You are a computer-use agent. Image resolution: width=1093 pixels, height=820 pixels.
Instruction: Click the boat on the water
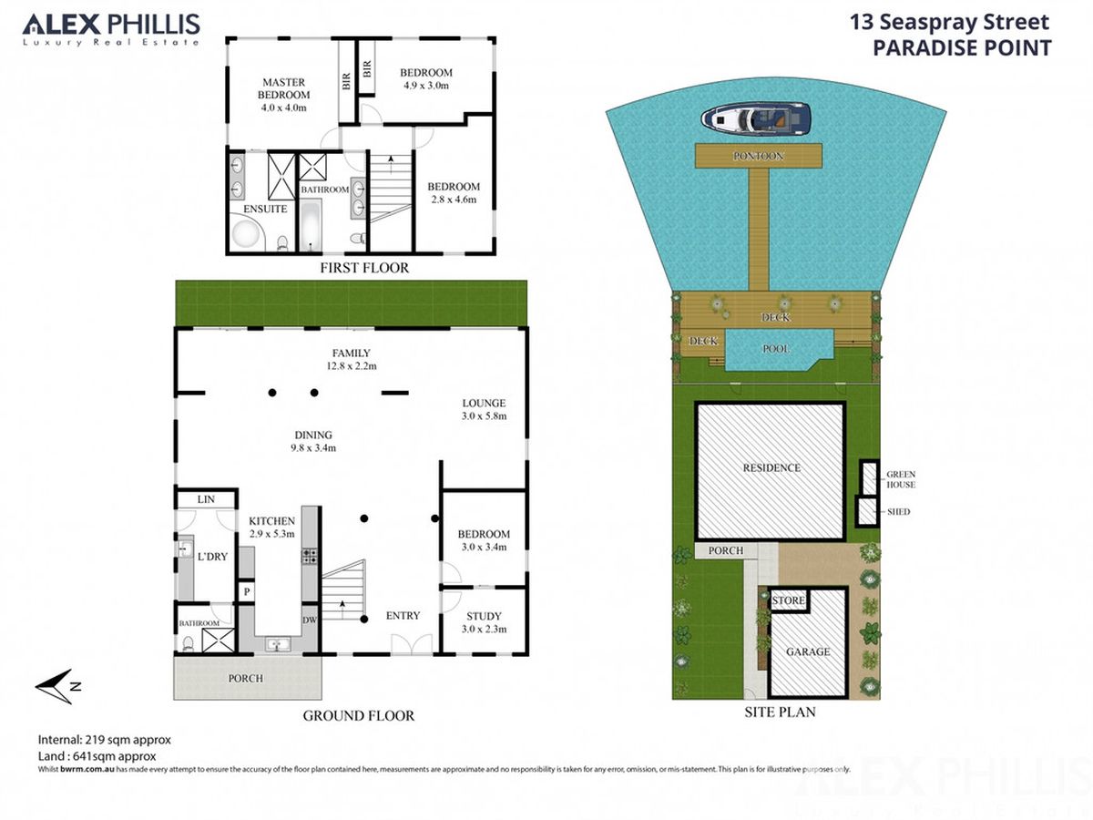click(755, 119)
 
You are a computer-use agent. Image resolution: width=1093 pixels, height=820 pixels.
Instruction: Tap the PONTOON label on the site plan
click(758, 156)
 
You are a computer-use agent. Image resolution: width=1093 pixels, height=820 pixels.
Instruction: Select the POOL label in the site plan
click(776, 349)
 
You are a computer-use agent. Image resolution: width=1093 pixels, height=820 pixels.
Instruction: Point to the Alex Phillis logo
click(111, 29)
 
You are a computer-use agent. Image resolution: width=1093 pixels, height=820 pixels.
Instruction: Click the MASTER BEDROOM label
click(283, 88)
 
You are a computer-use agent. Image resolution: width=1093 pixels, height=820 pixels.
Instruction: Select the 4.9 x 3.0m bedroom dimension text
click(425, 86)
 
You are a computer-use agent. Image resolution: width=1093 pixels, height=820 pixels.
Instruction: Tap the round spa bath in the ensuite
click(247, 234)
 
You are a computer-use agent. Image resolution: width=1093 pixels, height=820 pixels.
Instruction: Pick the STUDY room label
click(484, 616)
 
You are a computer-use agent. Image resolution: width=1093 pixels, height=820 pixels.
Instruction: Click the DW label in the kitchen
click(309, 620)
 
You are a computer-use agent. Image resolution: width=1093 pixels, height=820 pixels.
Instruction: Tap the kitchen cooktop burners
click(309, 556)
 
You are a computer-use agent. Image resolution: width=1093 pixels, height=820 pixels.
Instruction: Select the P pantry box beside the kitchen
click(247, 592)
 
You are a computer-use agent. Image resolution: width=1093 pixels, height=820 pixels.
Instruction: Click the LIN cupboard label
click(206, 499)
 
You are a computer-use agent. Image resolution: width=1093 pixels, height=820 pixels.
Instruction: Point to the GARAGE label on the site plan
click(808, 651)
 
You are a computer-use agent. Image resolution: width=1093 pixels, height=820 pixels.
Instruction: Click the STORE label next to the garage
click(788, 600)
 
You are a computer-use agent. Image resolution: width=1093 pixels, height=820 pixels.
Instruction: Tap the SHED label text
click(898, 511)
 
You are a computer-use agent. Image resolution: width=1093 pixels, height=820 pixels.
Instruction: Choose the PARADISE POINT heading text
click(962, 47)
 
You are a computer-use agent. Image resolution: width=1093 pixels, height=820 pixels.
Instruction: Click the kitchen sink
click(275, 645)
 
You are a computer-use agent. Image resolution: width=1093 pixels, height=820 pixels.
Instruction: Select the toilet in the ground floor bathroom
click(189, 643)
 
